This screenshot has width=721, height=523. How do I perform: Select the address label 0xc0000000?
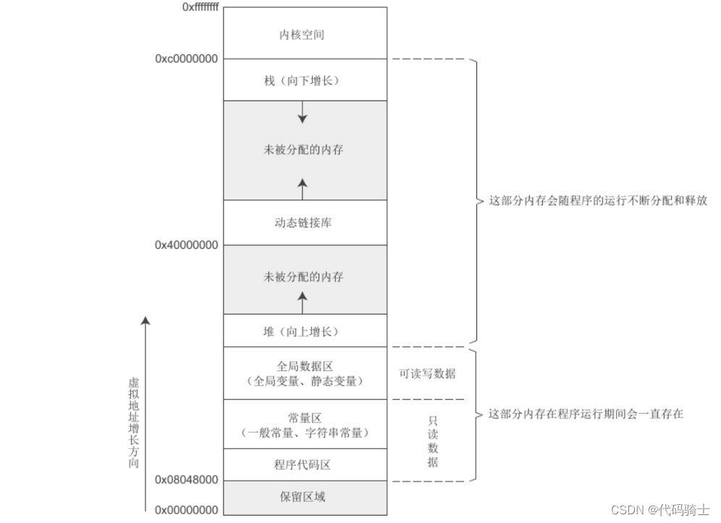click(x=187, y=59)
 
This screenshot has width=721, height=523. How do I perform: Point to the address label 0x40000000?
click(x=187, y=245)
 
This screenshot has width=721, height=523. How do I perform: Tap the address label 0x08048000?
click(x=187, y=480)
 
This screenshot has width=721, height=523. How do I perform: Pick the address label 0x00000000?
click(x=187, y=510)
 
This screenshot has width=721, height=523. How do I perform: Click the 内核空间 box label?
click(x=304, y=33)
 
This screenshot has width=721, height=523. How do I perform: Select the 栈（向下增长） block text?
click(x=304, y=80)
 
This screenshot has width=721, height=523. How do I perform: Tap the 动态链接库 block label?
click(x=304, y=223)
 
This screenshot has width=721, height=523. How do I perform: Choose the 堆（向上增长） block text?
click(x=304, y=332)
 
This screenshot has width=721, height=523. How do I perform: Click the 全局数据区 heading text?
click(x=304, y=366)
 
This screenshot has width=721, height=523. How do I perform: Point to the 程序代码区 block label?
click(x=304, y=464)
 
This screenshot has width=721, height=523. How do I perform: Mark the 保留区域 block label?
click(x=304, y=497)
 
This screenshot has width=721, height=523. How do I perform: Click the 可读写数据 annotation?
click(x=427, y=374)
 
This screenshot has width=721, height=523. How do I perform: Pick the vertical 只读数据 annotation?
click(x=432, y=441)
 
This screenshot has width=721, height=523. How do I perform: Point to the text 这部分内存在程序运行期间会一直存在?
click(x=586, y=414)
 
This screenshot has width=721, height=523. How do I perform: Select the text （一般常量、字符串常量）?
click(x=304, y=433)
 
